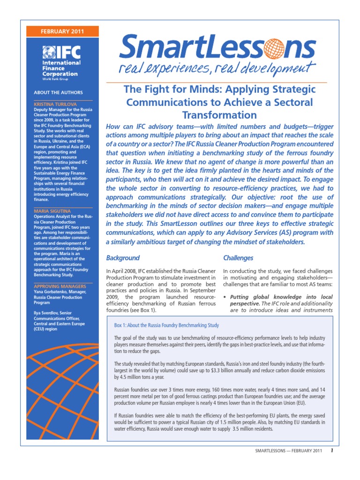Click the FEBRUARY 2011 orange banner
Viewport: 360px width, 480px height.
click(59, 32)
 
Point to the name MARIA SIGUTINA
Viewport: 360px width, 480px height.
click(52, 211)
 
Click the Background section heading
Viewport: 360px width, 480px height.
click(123, 258)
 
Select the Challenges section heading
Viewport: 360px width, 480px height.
click(238, 258)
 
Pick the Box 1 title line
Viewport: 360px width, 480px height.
click(167, 325)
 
